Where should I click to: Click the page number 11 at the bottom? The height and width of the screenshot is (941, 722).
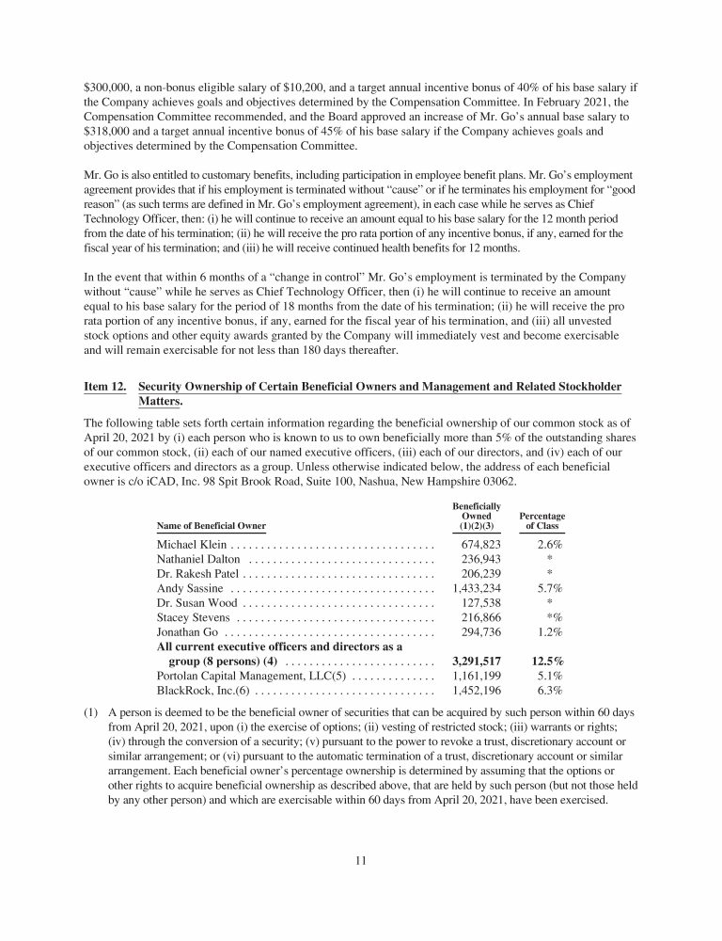[361, 859]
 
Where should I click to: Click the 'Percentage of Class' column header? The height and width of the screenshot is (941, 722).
[541, 520]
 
